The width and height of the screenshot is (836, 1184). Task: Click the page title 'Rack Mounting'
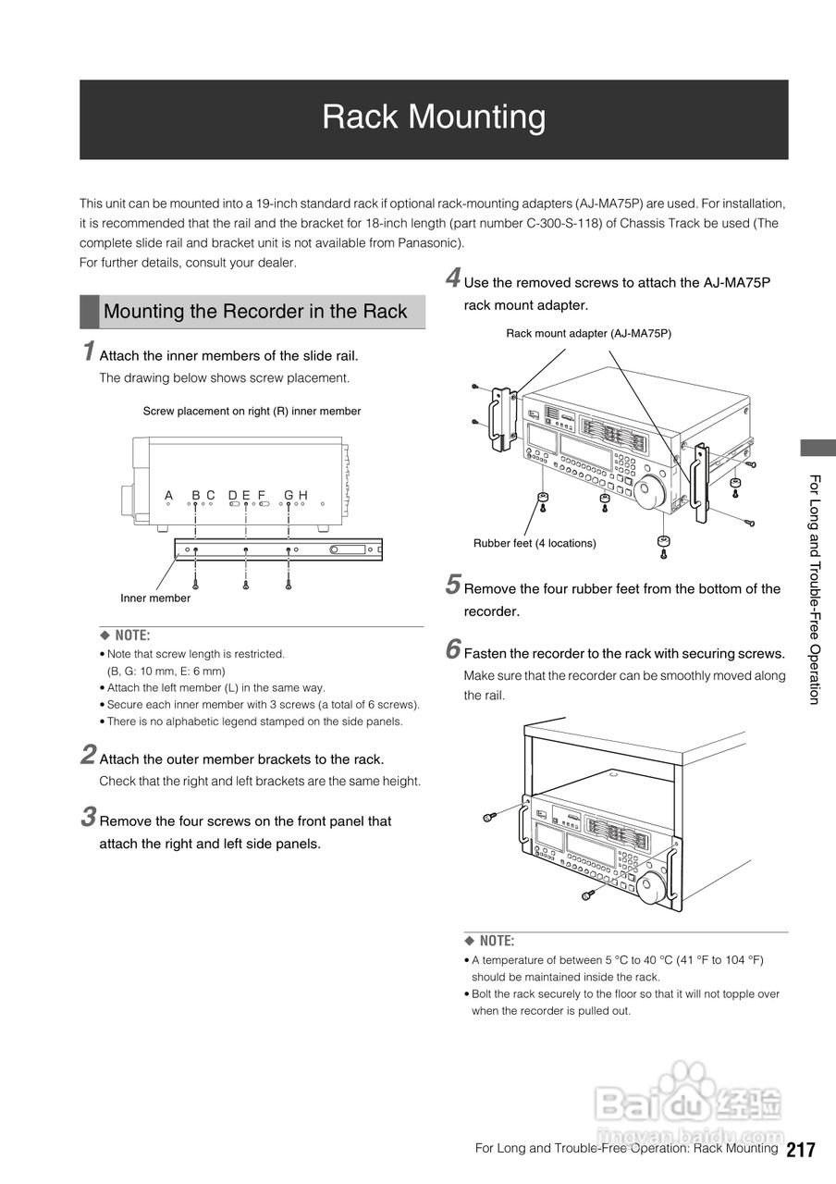click(x=434, y=117)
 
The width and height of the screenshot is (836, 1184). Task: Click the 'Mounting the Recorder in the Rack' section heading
click(x=255, y=312)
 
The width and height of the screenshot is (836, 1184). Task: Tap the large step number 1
click(x=88, y=352)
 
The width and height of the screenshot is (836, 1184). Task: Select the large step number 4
click(x=453, y=278)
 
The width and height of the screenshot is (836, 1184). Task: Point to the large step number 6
click(x=453, y=650)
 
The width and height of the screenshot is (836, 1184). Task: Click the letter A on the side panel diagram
click(x=168, y=496)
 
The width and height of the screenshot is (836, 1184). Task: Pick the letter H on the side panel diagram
click(x=302, y=496)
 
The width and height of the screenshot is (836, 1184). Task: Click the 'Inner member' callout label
click(x=155, y=598)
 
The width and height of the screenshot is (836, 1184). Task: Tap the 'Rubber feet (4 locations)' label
click(x=535, y=543)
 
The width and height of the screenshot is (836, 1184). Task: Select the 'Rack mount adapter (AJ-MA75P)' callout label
click(x=588, y=333)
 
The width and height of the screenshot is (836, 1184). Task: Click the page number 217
click(x=801, y=1150)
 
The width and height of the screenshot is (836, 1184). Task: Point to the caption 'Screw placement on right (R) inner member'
click(x=252, y=411)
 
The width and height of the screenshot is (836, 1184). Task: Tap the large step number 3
click(x=88, y=818)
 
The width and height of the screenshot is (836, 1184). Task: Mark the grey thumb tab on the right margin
click(x=818, y=448)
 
